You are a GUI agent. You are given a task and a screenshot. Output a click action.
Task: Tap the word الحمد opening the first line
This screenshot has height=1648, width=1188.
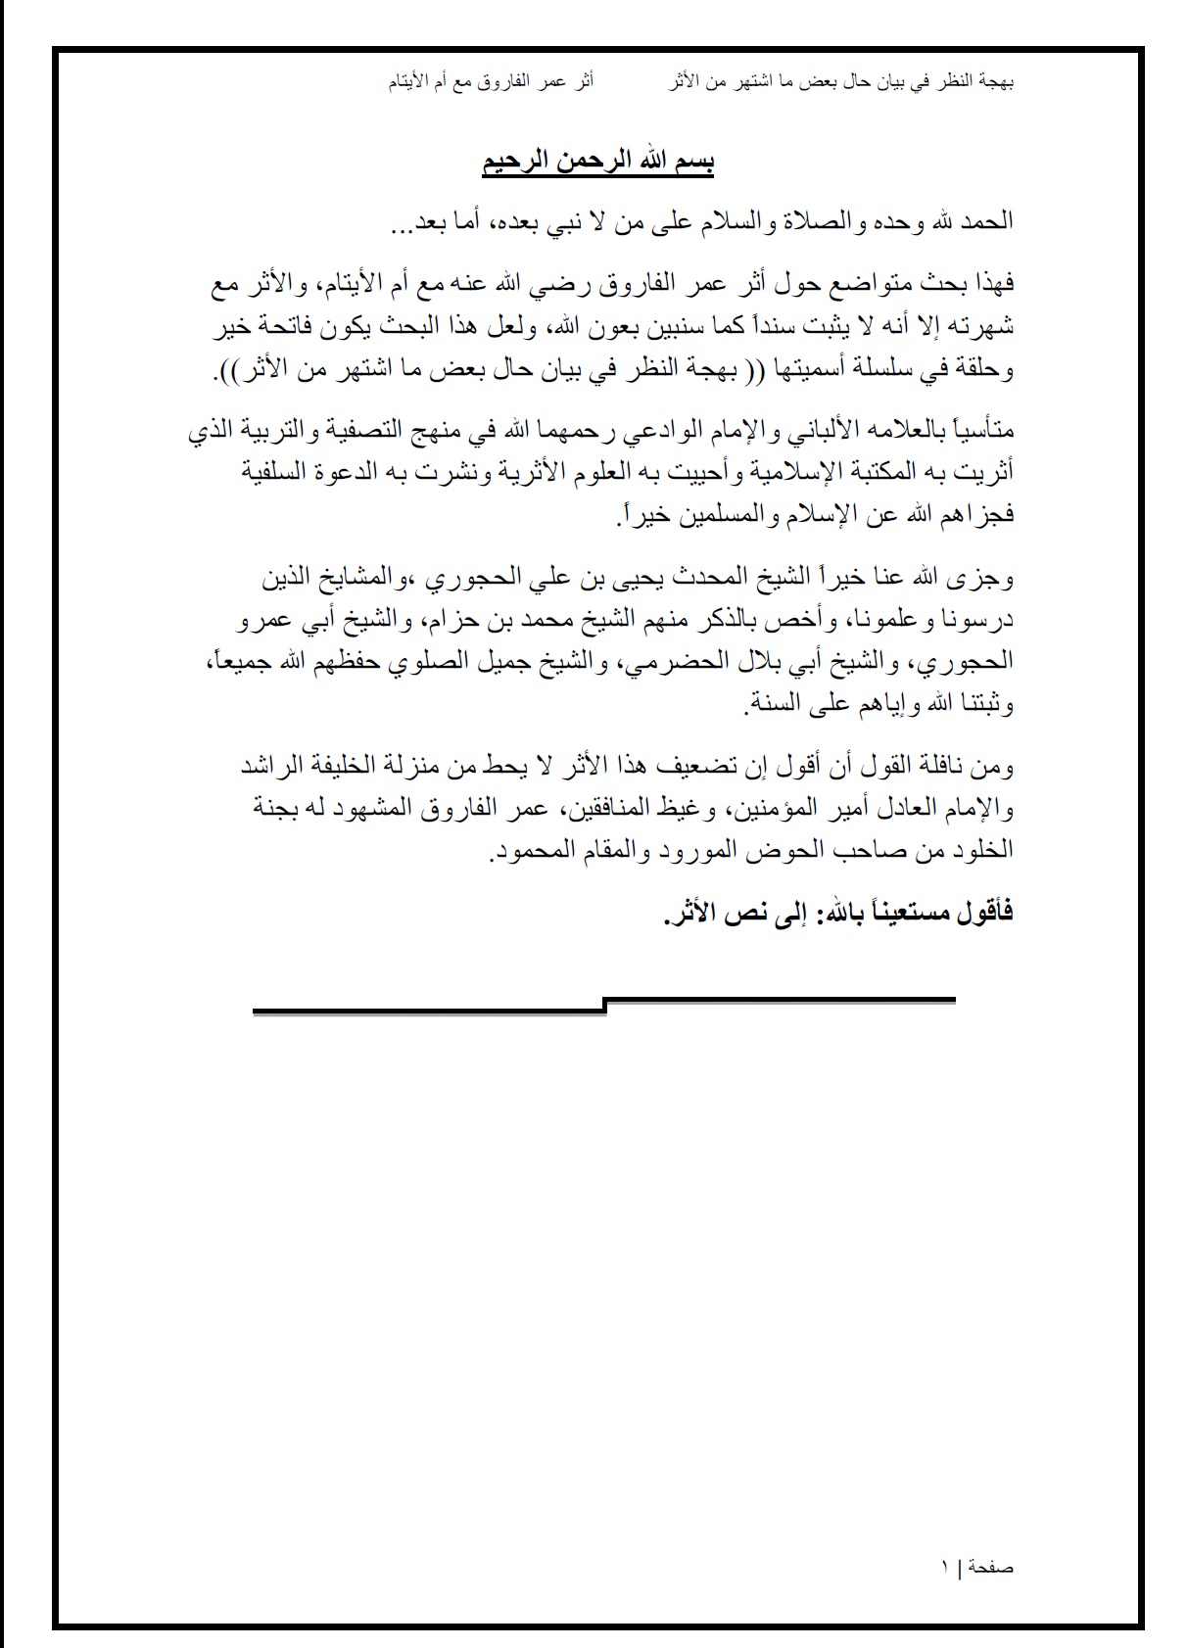pos(986,221)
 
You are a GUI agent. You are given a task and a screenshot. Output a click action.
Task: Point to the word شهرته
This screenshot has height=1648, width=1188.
pos(980,326)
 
